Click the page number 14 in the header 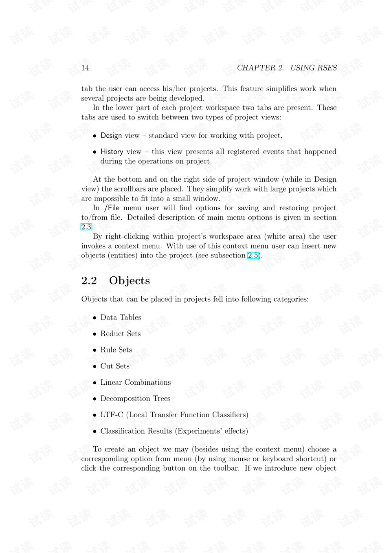85,68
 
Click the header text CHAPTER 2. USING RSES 287,68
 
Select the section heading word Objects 130,281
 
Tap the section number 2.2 89,281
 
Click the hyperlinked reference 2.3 86,227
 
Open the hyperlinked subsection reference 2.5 253,256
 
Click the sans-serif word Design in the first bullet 111,136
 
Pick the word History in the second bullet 112,152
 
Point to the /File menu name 112,208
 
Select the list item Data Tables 121,317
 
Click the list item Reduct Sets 121,334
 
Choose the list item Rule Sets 116,350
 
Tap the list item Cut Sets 115,366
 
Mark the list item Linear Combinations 136,382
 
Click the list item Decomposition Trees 135,399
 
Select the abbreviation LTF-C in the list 112,415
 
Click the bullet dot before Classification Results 94,432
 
